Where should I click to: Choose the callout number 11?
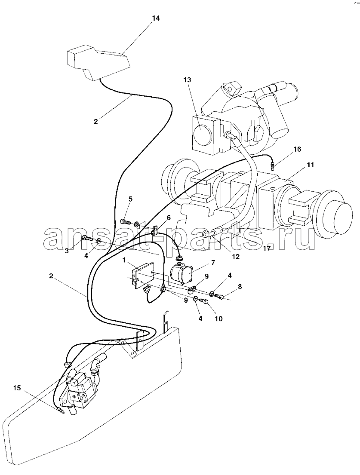click(310, 165)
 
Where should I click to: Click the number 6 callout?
click(169, 218)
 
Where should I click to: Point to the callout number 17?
click(267, 248)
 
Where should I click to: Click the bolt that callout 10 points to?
click(206, 301)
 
